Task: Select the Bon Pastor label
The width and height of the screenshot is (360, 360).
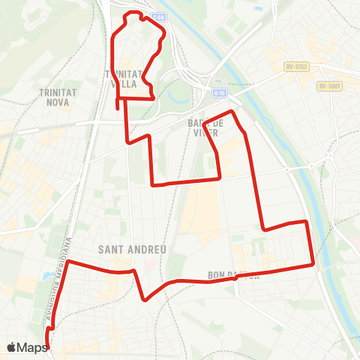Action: [233, 276]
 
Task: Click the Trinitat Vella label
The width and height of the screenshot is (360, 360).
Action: [123, 79]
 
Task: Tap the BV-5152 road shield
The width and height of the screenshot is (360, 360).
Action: [297, 67]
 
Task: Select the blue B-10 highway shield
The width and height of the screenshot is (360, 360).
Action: [218, 93]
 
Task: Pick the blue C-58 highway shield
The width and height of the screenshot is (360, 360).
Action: [156, 16]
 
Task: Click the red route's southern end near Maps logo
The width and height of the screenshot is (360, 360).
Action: [47, 347]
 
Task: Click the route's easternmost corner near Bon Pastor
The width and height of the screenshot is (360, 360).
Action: [313, 264]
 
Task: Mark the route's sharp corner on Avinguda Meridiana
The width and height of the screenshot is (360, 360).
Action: [69, 262]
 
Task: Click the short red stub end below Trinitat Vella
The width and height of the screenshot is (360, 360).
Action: [118, 109]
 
